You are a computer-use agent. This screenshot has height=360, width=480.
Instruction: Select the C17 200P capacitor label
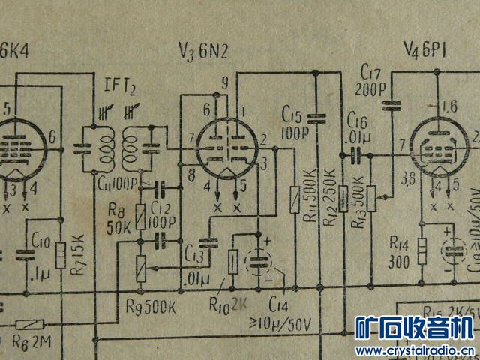[x=370, y=79]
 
